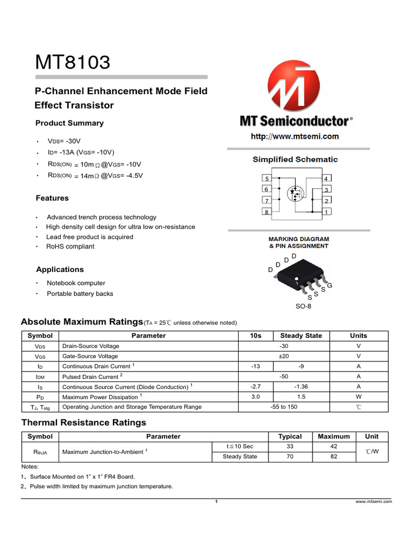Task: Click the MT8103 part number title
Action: click(73, 62)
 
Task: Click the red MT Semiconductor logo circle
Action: click(295, 85)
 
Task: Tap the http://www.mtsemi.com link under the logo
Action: click(295, 136)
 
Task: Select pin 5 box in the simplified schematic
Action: click(267, 178)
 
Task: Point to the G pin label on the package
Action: click(330, 286)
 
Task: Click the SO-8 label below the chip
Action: click(303, 307)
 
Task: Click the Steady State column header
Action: click(301, 336)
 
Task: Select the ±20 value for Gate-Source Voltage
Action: click(284, 356)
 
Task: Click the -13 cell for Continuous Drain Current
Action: click(256, 366)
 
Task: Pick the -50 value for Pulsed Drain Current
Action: click(284, 376)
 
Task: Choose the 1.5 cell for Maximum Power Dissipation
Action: click(301, 397)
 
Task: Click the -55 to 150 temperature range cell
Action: click(284, 407)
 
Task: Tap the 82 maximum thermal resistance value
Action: click(333, 457)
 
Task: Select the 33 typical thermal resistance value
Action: click(290, 447)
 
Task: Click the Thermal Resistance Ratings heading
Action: click(84, 423)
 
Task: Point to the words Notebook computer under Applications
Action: click(76, 283)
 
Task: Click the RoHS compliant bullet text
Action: click(70, 246)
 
